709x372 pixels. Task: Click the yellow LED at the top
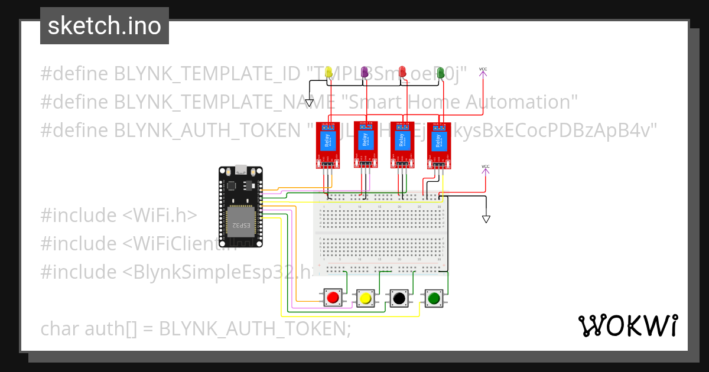coord(329,72)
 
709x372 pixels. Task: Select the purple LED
coord(365,72)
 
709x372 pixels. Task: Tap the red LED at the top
coord(402,71)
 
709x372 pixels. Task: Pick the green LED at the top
coord(440,72)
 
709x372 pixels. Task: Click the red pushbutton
coord(333,298)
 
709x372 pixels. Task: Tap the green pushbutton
coord(434,298)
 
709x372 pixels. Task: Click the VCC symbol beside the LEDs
coord(483,71)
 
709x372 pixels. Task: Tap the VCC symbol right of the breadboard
coord(486,169)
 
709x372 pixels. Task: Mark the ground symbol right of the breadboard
coord(486,219)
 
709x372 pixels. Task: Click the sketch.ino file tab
coord(105,26)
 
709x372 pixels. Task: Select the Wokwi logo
coord(627,325)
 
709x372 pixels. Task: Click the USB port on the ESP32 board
coord(240,169)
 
